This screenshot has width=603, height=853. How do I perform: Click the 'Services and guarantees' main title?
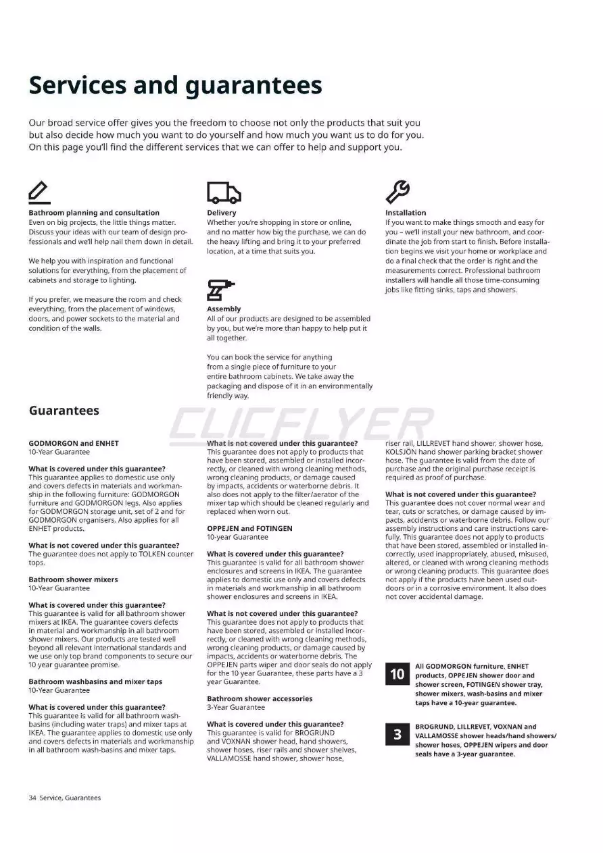175,86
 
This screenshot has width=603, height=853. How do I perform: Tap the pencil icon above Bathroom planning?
39,192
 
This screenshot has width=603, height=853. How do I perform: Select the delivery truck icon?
223,193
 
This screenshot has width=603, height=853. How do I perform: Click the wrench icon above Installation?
397,192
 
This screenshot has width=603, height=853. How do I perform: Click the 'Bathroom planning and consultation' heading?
94,213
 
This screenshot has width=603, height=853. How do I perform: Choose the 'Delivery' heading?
222,213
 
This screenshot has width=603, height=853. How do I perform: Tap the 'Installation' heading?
406,213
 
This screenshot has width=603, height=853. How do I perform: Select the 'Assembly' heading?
224,309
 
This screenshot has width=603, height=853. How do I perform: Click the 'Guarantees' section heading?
64,411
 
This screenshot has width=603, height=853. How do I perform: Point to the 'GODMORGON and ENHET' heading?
73,443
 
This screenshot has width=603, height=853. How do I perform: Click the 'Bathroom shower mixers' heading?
73,579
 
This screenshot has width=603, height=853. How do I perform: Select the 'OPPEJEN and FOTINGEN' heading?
249,528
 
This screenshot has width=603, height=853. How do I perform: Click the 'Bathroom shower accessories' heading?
260,698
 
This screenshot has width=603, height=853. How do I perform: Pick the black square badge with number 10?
397,674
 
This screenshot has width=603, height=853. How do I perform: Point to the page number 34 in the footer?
32,798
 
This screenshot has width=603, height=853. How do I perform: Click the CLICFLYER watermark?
301,423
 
